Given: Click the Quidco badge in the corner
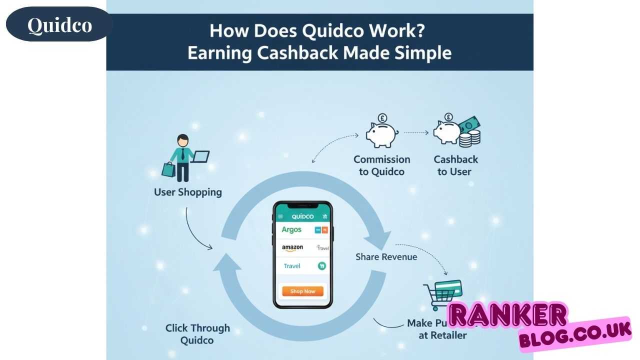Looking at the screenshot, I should tap(59, 24).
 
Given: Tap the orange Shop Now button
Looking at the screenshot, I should tap(302, 291).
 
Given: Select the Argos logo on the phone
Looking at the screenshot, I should tap(291, 230).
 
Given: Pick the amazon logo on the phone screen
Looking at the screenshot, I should tap(292, 247).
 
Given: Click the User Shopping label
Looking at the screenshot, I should tap(187, 192).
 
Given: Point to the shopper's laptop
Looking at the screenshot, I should tap(200, 157).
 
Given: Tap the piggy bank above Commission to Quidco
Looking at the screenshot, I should tap(381, 132).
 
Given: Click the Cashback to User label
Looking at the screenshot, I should tap(455, 165).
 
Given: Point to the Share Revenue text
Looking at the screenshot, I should tap(386, 256).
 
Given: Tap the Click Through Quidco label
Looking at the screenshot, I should tap(197, 334).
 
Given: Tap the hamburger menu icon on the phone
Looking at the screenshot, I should tap(280, 216).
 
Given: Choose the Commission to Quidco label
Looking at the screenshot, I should tap(381, 165).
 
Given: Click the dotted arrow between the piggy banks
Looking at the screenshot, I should tap(416, 133).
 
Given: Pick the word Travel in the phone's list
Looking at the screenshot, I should tap(291, 266).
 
